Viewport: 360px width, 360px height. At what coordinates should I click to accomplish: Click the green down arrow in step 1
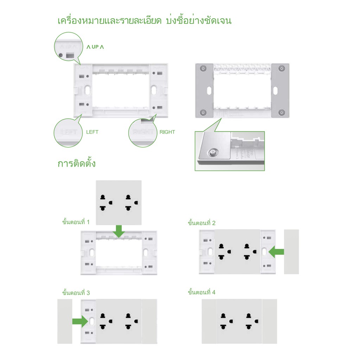click(119, 231)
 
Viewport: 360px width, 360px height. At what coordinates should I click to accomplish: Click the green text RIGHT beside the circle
click(167, 132)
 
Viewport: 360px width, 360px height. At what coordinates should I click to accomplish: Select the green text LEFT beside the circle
click(92, 132)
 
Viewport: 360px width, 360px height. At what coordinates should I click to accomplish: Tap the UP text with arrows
click(95, 47)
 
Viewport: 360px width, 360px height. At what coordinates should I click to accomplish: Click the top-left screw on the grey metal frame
click(202, 68)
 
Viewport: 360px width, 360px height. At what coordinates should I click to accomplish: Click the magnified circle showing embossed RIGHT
click(142, 133)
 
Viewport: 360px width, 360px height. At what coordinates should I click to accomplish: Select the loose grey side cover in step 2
click(291, 252)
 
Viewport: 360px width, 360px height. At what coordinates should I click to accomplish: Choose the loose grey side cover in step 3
click(65, 321)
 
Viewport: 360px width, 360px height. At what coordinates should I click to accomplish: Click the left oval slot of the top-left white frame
click(86, 90)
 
